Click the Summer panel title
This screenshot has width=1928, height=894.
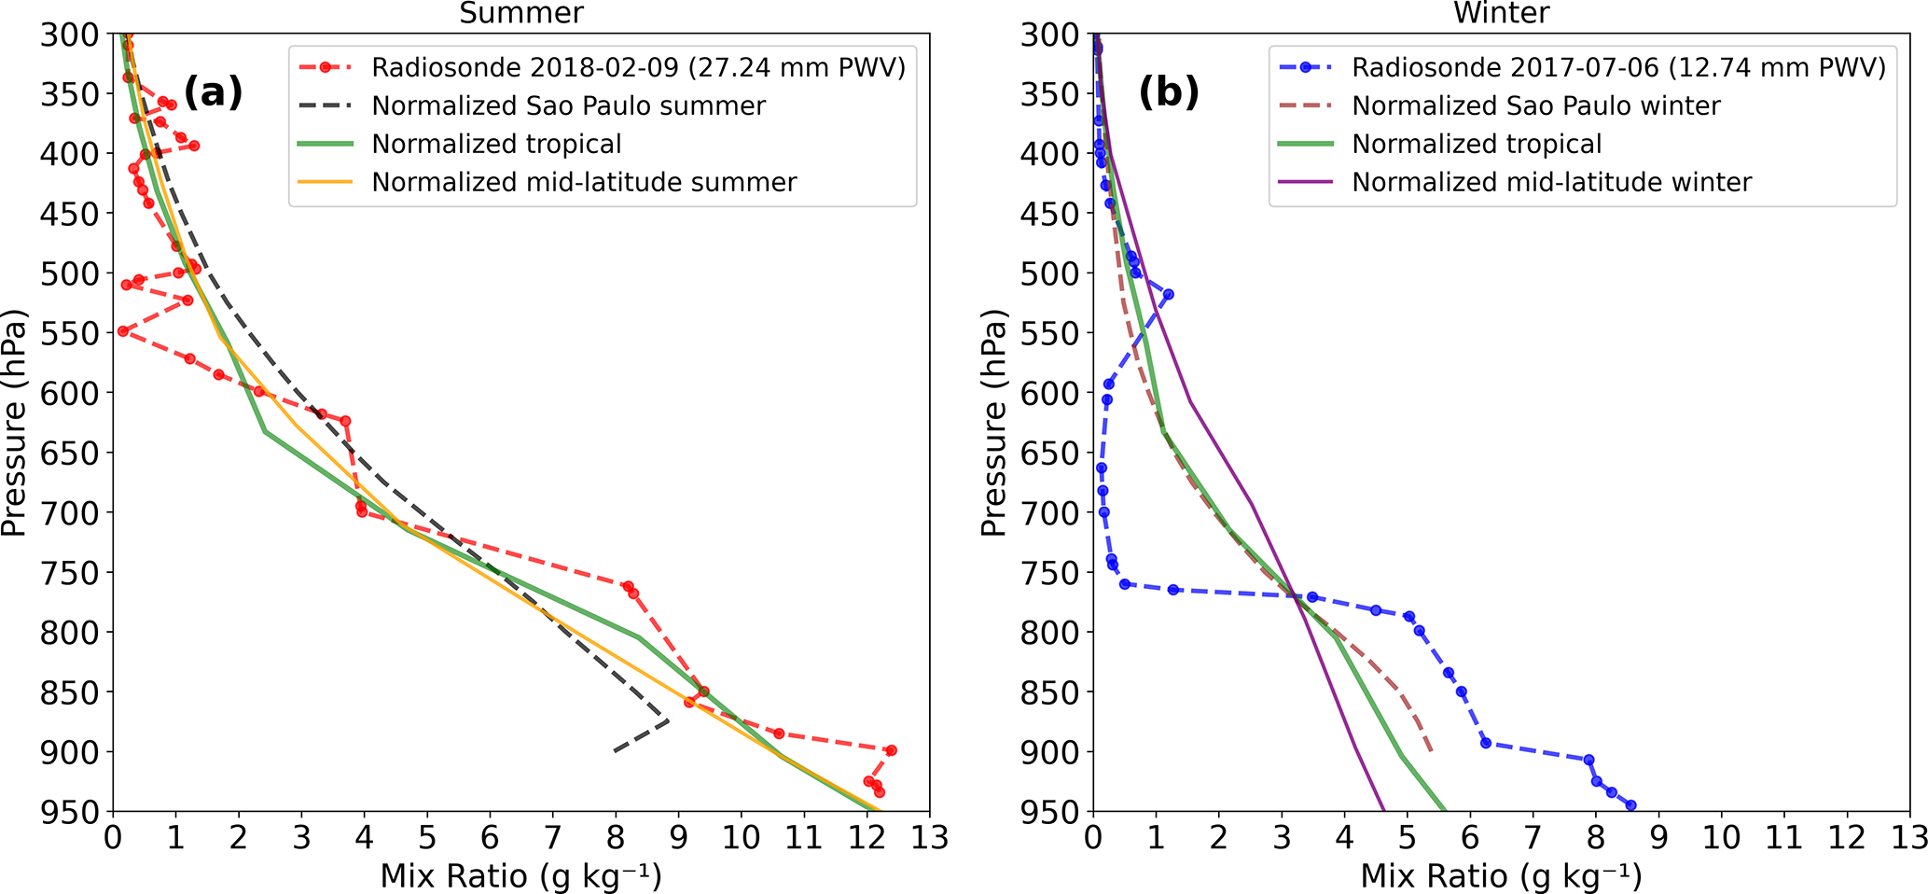(x=521, y=13)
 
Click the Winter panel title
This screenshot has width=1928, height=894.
(x=1502, y=13)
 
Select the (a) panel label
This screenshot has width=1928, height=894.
(x=213, y=92)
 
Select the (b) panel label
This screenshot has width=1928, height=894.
(x=1169, y=92)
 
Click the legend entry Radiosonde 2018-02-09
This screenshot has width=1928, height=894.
(x=638, y=68)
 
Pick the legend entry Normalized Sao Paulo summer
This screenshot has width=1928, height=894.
(x=568, y=106)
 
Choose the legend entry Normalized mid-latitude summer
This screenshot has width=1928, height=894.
(x=584, y=182)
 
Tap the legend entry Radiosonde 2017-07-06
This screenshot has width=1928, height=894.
(x=1618, y=68)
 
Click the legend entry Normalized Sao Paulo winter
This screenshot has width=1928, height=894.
(x=1535, y=106)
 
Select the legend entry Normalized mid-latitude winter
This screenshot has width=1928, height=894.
(x=1551, y=182)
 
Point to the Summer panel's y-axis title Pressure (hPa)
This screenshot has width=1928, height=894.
(x=13, y=423)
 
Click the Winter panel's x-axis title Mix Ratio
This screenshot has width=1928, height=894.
(x=1501, y=876)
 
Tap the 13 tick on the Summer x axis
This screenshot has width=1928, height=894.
(x=929, y=838)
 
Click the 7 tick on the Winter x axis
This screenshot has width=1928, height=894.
(x=1533, y=838)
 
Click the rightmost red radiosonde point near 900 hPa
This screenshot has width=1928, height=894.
(x=891, y=750)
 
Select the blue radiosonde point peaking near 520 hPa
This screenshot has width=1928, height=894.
(x=1168, y=294)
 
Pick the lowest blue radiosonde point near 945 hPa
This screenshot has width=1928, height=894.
(x=1630, y=805)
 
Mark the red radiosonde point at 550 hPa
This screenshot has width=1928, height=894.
(x=122, y=331)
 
